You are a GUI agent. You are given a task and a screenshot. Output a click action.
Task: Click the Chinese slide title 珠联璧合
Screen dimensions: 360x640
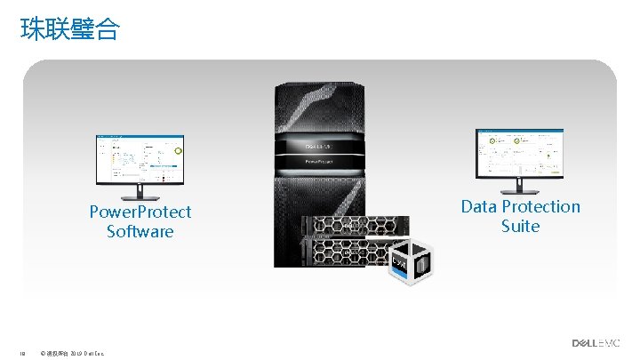[68, 29]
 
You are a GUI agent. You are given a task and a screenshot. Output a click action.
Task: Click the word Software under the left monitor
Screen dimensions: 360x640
[140, 231]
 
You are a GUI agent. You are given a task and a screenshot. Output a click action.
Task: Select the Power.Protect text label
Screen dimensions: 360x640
[140, 212]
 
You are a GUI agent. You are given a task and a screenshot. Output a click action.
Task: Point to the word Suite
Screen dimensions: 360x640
[520, 226]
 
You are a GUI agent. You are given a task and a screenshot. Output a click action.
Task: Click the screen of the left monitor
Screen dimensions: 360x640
[140, 161]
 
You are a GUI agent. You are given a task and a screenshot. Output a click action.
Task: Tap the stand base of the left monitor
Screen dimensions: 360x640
[140, 199]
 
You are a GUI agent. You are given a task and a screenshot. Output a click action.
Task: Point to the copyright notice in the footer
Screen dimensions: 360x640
[73, 353]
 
